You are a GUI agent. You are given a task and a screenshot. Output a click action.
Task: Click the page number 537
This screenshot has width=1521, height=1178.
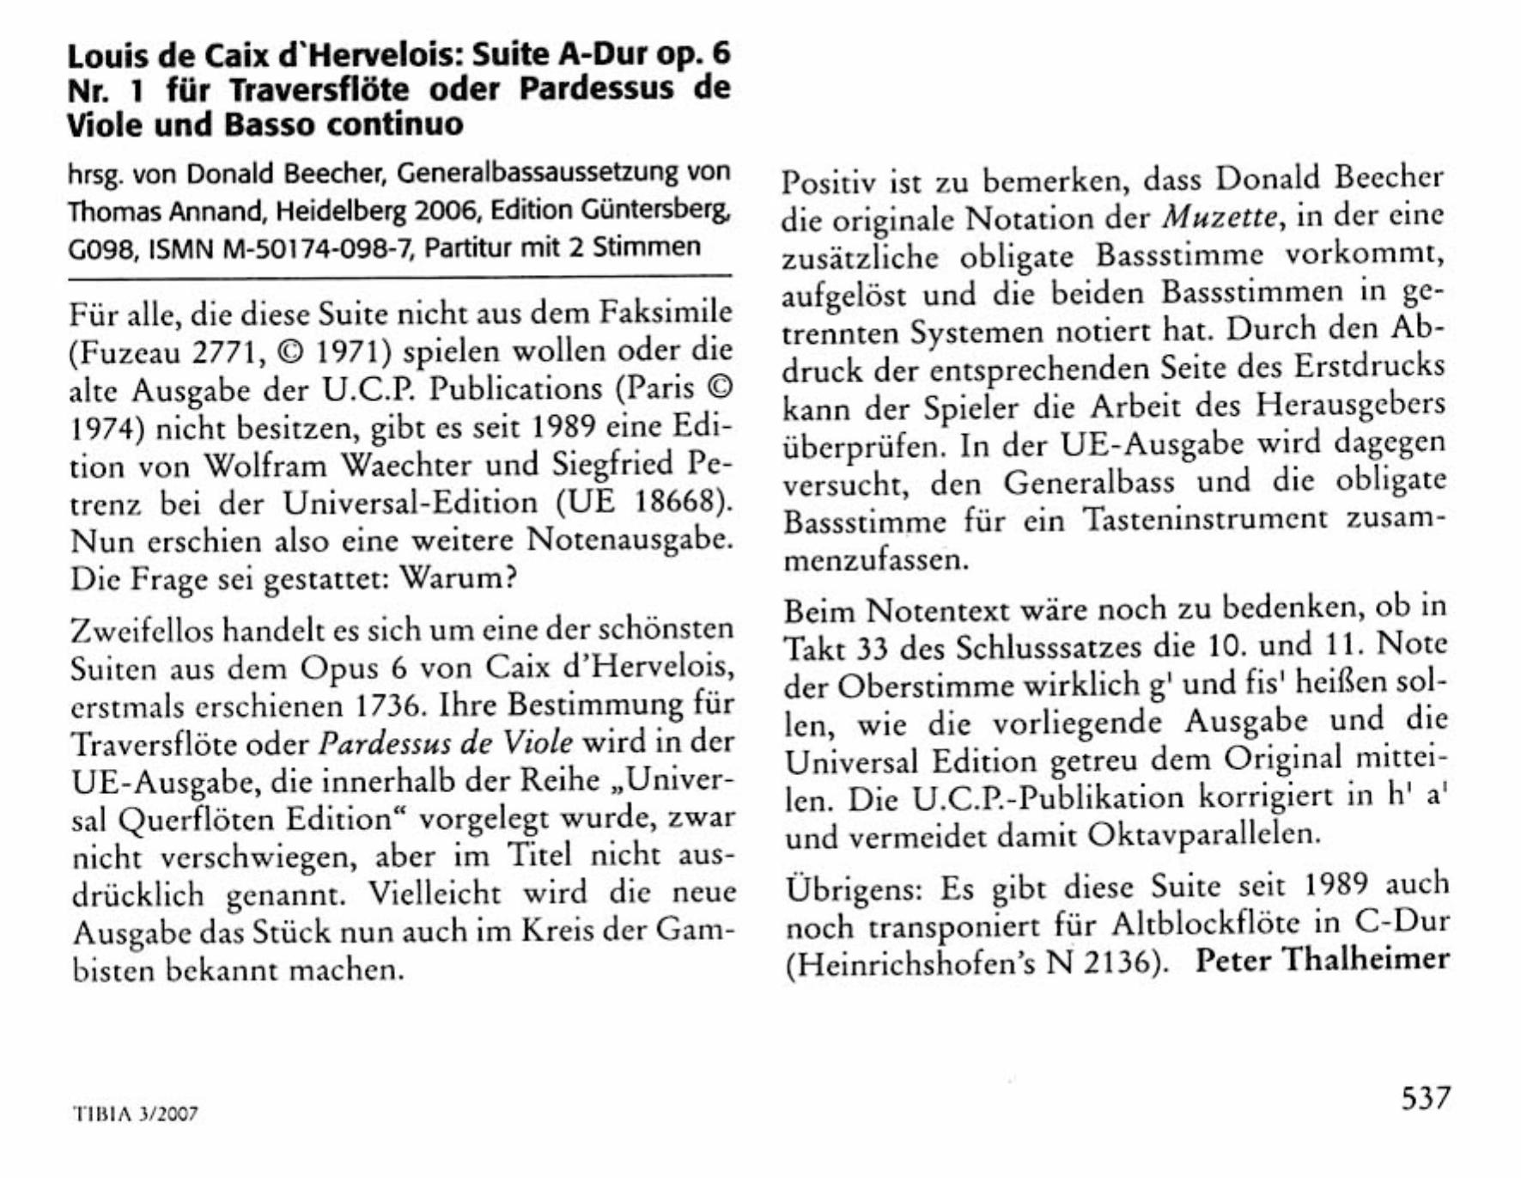[1425, 1098]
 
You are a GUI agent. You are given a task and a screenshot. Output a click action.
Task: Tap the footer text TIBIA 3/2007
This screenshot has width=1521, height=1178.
[135, 1114]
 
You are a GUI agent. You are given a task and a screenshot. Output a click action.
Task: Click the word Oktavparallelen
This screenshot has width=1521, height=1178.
[1203, 834]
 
